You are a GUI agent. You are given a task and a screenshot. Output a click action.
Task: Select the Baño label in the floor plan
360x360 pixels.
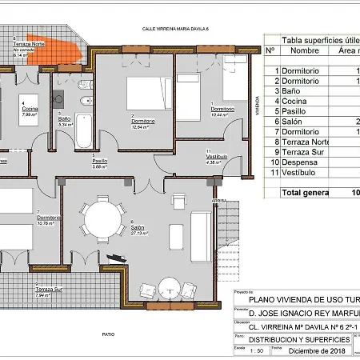click(x=65, y=119)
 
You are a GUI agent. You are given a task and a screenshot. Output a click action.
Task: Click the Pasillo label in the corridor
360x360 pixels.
click(x=99, y=162)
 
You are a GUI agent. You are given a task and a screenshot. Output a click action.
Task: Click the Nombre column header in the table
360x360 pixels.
click(x=305, y=50)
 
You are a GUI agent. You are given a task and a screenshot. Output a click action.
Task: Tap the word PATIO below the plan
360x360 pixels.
click(x=120, y=334)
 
